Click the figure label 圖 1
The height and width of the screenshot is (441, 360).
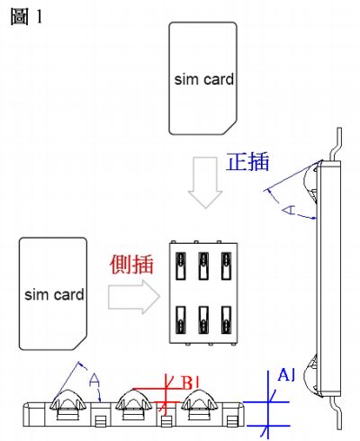(26, 16)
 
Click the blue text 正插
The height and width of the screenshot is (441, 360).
(247, 162)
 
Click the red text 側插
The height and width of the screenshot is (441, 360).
(131, 265)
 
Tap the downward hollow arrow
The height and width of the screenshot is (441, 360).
(205, 183)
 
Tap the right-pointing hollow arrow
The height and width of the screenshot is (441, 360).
(134, 297)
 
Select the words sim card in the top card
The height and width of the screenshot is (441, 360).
(204, 79)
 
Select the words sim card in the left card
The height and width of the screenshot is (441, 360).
(54, 294)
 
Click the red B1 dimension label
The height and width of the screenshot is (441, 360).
(191, 382)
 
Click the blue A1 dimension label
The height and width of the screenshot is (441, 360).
(286, 375)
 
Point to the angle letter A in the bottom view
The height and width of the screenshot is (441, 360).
(94, 380)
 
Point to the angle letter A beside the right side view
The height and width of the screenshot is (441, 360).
(289, 211)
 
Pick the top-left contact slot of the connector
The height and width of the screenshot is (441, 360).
(181, 266)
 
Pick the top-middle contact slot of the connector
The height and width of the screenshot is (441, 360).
(203, 266)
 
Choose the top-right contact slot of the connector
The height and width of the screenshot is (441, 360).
(226, 266)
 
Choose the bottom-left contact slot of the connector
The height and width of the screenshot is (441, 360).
(181, 320)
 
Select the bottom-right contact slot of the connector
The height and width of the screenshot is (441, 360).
(226, 320)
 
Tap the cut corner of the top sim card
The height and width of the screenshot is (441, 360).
(229, 128)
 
